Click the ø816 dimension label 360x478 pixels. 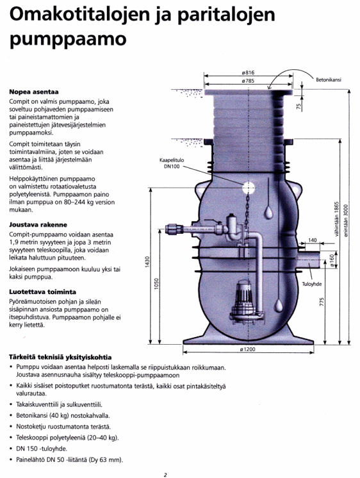[x=248, y=72]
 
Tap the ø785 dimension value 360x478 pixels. [x=248, y=81]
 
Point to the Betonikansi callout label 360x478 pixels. [x=329, y=80]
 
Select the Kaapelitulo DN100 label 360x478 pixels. [x=172, y=163]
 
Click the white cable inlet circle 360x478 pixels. [x=249, y=188]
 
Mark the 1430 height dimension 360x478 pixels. [x=147, y=262]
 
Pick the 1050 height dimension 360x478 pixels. [x=156, y=284]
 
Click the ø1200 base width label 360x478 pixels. [x=247, y=349]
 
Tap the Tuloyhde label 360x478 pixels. [x=312, y=284]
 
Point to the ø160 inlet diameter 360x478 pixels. [x=332, y=260]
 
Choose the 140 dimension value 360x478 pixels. [x=313, y=240]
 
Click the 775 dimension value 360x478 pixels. [x=322, y=302]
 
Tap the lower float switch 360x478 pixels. [x=278, y=306]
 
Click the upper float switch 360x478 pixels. [x=268, y=213]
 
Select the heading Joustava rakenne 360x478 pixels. [x=38, y=225]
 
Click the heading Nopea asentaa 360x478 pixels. [x=34, y=92]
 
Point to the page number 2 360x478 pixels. [x=165, y=475]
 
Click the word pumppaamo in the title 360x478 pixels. [x=68, y=40]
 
